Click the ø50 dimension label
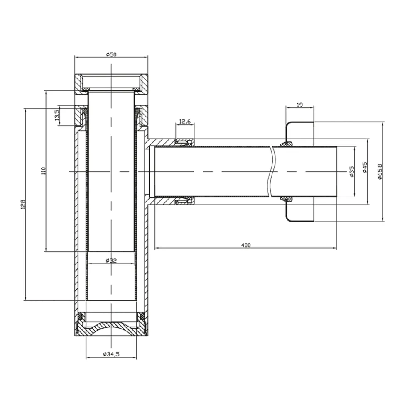point(111,54)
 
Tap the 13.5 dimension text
point(57,115)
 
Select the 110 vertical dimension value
point(43,171)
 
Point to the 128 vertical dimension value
point(23,204)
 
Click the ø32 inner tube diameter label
point(111,261)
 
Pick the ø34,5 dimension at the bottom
point(111,354)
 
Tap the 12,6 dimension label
point(185,121)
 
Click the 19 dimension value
point(300,105)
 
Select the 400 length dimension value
point(246,245)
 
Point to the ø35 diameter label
point(352,172)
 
